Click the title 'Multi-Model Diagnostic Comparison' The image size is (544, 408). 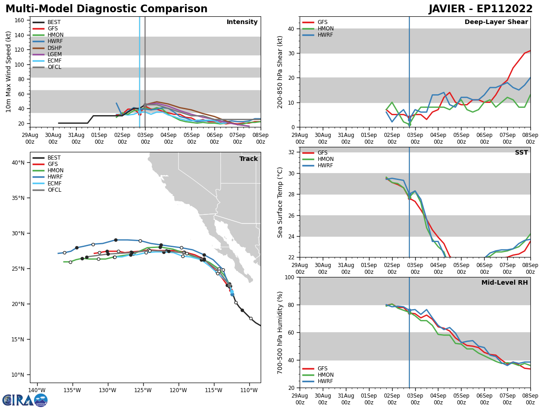pos(106,9)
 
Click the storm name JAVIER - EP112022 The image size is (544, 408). pos(481,9)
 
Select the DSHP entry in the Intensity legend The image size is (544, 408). pos(54,48)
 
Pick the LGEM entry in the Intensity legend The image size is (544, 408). pos(54,54)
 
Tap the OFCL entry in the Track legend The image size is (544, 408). pos(54,190)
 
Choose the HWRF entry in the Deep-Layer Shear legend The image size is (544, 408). pos(325,35)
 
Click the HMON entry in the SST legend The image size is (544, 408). pos(325,159)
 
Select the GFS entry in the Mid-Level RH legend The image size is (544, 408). pos(322,369)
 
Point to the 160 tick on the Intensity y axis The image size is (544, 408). pos(19,20)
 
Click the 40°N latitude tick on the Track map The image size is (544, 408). pos(18,163)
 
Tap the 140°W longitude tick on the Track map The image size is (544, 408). pos(37,390)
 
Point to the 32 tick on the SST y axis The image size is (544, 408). pos(291,152)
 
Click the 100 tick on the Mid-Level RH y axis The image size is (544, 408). pos(289,277)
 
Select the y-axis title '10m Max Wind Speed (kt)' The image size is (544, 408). pos(9,72)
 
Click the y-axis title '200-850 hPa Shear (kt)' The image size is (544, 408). pos(280,72)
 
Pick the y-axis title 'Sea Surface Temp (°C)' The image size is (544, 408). pos(280,202)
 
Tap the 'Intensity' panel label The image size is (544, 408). pos(242,22)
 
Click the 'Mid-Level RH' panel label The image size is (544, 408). pos(505,283)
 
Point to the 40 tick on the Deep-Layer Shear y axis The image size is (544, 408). pos(291,29)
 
